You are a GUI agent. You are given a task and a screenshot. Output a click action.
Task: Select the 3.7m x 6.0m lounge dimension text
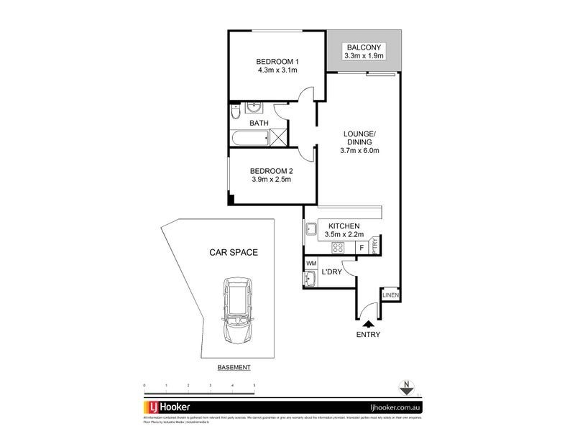[x=359, y=151]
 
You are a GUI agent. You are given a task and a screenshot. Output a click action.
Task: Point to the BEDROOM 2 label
[x=272, y=170]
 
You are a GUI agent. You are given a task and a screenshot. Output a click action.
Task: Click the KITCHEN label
[x=344, y=226]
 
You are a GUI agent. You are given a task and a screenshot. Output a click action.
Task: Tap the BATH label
[x=259, y=124]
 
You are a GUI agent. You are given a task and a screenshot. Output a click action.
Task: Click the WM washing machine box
[x=311, y=264]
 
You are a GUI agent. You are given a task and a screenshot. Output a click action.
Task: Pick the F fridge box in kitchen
[x=361, y=248]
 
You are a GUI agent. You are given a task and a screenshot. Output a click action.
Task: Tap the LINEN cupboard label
[x=391, y=295]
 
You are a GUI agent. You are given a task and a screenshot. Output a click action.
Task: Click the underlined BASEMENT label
[x=234, y=367]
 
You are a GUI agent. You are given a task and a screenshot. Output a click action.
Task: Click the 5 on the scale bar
[x=254, y=386]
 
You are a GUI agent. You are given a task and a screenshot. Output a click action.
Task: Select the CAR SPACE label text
[x=234, y=253]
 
